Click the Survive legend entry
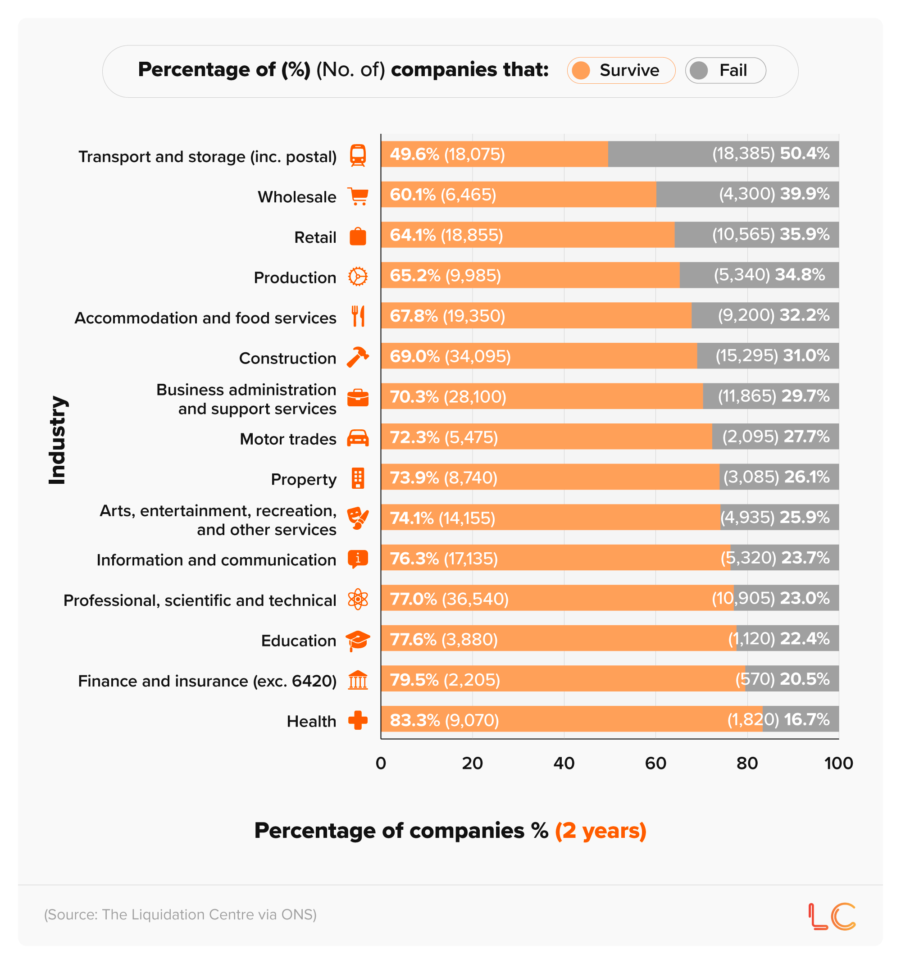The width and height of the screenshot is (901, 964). pos(621,71)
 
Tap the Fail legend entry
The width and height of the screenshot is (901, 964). pos(725,71)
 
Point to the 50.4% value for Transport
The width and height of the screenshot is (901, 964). pos(805,154)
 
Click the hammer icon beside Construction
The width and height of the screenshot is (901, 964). pos(358,358)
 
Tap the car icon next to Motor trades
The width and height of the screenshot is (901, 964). pos(358,438)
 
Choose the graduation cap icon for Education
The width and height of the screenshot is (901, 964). pos(358,641)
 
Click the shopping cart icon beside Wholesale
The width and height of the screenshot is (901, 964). pos(358,196)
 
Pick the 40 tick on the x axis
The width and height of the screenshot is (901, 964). pos(564,763)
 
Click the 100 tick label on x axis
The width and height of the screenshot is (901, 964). pos(838,763)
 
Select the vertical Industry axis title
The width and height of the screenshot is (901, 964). pos(57,440)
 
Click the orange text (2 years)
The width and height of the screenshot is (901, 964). pos(601,831)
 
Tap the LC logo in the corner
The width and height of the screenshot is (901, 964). pos(832,917)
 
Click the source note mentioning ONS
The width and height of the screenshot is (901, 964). pos(180,914)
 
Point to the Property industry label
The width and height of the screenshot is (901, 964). pos(303,479)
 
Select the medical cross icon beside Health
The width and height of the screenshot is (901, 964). pos(358,721)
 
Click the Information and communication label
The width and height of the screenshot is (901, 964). pos(216,559)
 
